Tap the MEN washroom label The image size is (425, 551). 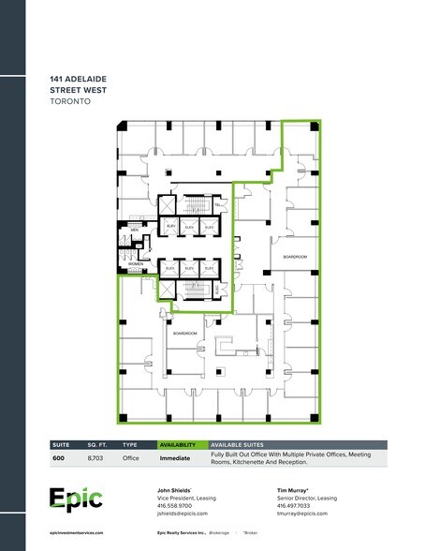(134, 230)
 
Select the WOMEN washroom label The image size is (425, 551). (136, 264)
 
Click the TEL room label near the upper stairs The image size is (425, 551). (217, 205)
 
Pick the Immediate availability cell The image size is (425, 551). (175, 458)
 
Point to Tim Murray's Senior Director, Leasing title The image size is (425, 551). (310, 499)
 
